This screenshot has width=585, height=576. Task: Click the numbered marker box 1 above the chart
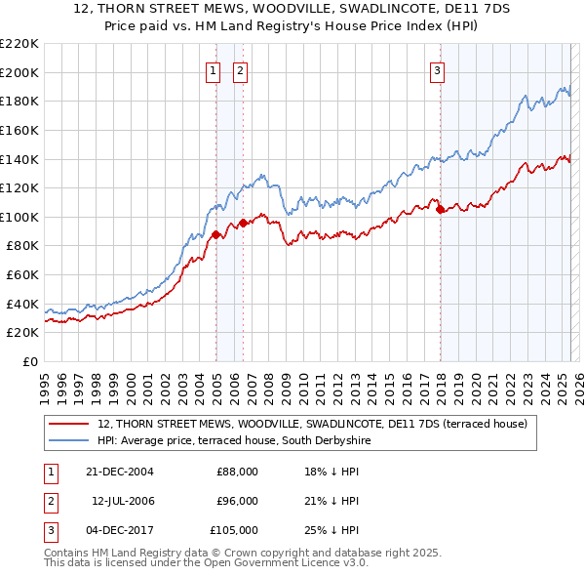(x=213, y=69)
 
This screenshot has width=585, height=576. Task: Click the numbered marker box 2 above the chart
(x=240, y=69)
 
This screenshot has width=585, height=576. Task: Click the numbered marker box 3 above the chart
(x=438, y=69)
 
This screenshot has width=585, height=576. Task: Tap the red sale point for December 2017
(x=441, y=209)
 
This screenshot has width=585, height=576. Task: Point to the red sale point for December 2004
(x=216, y=233)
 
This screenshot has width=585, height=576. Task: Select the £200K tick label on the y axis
(x=19, y=72)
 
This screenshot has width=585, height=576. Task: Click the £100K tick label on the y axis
(x=19, y=217)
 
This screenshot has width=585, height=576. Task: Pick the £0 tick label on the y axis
(x=32, y=361)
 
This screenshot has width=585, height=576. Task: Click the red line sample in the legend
(x=69, y=424)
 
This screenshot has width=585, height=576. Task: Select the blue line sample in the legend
(x=69, y=440)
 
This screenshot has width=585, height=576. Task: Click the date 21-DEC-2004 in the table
(x=119, y=472)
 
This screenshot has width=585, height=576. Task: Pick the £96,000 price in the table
(x=237, y=501)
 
